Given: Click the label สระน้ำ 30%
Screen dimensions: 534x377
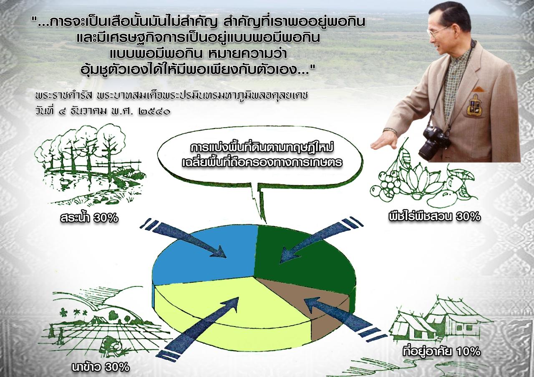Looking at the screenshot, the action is click(89, 217).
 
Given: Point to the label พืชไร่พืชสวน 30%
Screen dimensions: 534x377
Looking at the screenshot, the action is click(434, 216).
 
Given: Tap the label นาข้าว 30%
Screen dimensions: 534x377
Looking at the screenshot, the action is click(101, 367).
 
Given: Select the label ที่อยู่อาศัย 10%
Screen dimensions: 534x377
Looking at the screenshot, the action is click(441, 351).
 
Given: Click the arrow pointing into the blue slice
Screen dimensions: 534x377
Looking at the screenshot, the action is click(184, 238).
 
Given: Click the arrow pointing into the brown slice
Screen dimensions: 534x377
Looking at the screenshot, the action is click(345, 317).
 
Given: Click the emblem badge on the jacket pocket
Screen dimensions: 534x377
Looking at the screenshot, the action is click(475, 104).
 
